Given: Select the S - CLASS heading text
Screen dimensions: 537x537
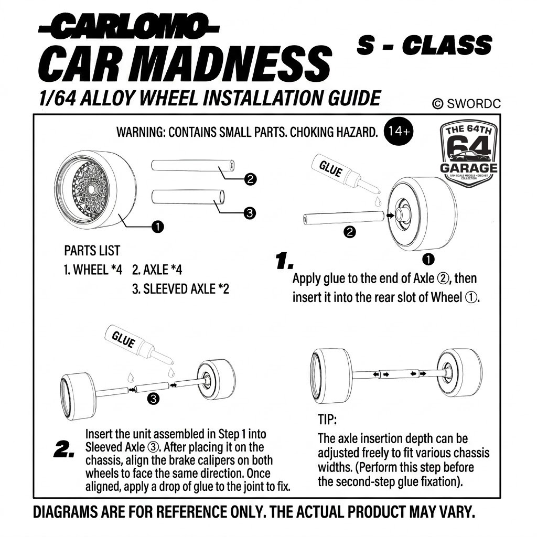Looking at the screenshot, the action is [424, 45].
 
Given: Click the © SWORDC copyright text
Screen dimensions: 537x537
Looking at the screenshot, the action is [466, 103].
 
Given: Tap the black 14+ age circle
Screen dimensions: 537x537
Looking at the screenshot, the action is [399, 132].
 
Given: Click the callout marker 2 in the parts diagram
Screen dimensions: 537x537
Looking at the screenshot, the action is [250, 179].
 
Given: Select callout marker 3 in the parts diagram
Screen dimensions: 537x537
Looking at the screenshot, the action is [250, 213].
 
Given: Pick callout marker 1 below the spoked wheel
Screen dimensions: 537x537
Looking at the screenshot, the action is [157, 227].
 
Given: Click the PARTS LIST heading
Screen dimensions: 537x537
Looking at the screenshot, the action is [92, 250].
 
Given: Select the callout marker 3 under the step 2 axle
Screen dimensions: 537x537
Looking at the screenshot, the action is [153, 399].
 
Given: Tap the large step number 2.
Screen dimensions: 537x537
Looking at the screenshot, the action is [64, 449].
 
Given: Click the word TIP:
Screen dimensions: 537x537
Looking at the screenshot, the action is [327, 420].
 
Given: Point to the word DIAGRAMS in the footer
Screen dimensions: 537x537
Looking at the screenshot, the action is [65, 512].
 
